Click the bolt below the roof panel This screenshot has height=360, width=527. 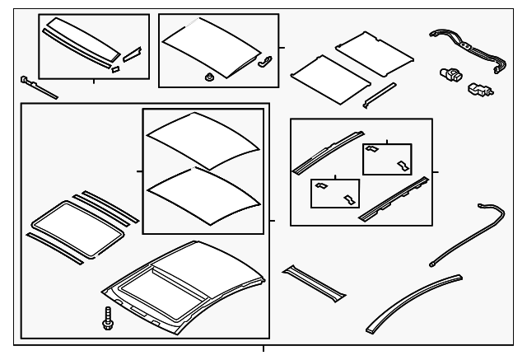(106, 317)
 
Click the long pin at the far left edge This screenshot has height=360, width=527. (37, 86)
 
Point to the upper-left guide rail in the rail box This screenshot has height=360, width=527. (327, 149)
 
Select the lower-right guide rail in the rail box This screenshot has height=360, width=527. (394, 199)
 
